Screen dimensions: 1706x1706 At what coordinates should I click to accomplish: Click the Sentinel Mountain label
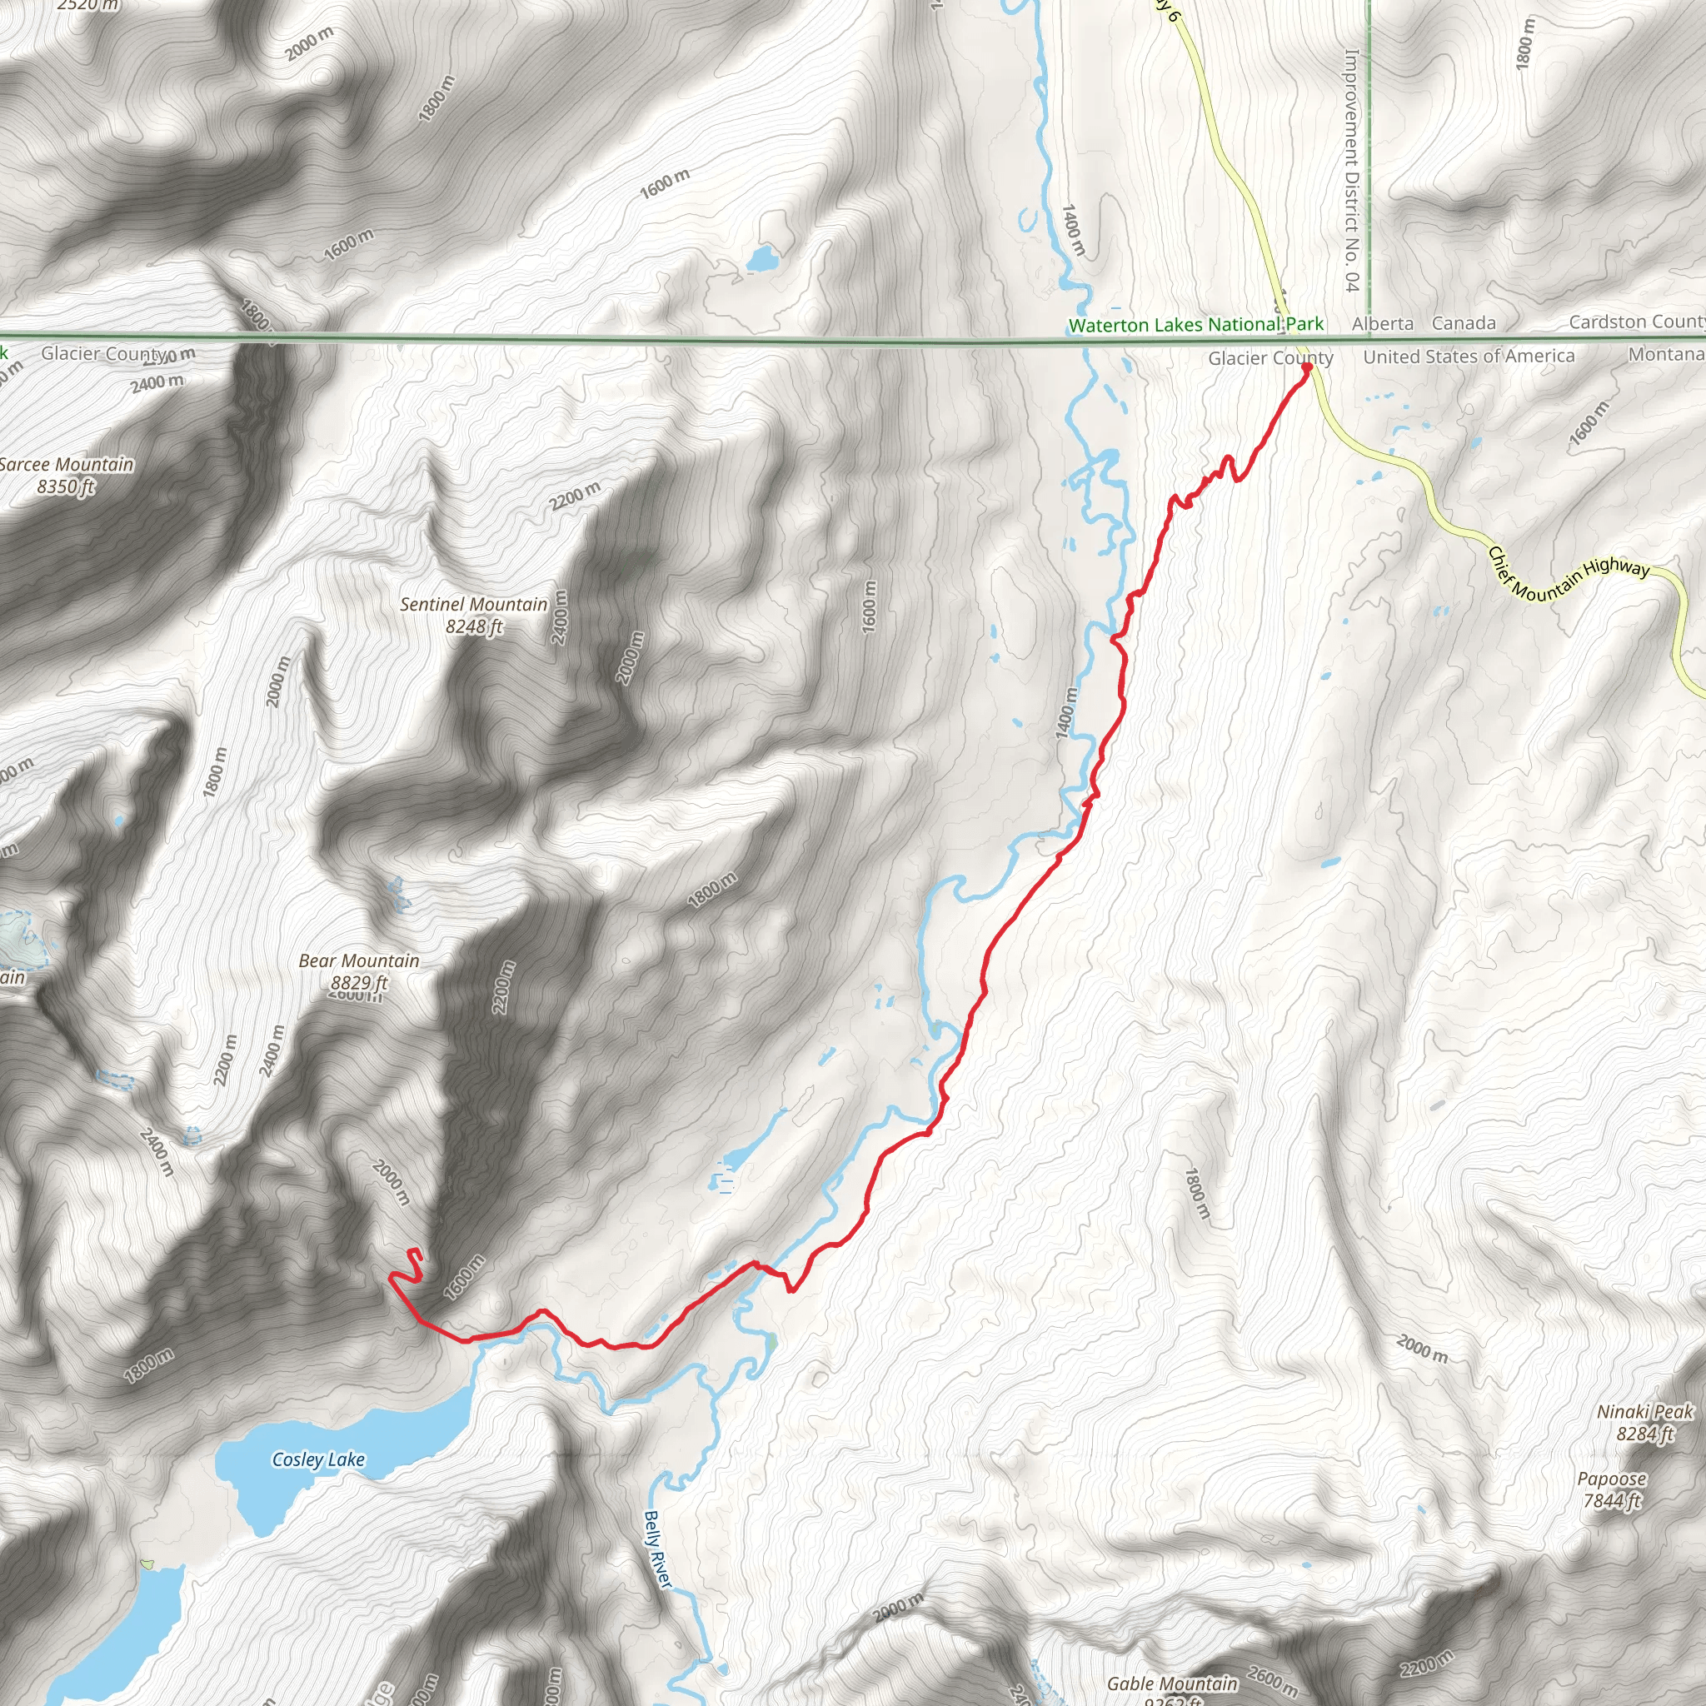[x=473, y=605]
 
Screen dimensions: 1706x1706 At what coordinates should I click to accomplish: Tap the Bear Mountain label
[x=358, y=960]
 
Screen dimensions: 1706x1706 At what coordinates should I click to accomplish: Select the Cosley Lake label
[x=318, y=1459]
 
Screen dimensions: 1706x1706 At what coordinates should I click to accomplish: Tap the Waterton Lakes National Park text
[x=1195, y=325]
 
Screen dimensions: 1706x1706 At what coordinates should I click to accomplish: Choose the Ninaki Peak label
[x=1645, y=1412]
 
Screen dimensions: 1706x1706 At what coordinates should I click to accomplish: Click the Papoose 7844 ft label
[x=1612, y=1489]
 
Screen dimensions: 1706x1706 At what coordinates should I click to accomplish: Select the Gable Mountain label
[x=1172, y=1684]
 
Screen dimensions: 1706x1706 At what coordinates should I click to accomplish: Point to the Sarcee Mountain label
[x=67, y=465]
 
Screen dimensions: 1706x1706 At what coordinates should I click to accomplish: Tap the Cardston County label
[x=1635, y=322]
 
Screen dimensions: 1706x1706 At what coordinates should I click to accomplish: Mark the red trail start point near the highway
[x=1306, y=367]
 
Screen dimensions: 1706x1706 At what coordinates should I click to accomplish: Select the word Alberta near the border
[x=1382, y=324]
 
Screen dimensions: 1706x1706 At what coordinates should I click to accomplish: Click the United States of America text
[x=1469, y=357]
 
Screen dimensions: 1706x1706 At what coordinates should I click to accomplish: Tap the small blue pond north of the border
[x=761, y=259]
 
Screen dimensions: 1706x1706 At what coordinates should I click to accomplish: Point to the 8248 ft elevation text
[x=474, y=627]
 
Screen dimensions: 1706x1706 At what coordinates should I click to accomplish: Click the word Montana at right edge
[x=1665, y=354]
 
